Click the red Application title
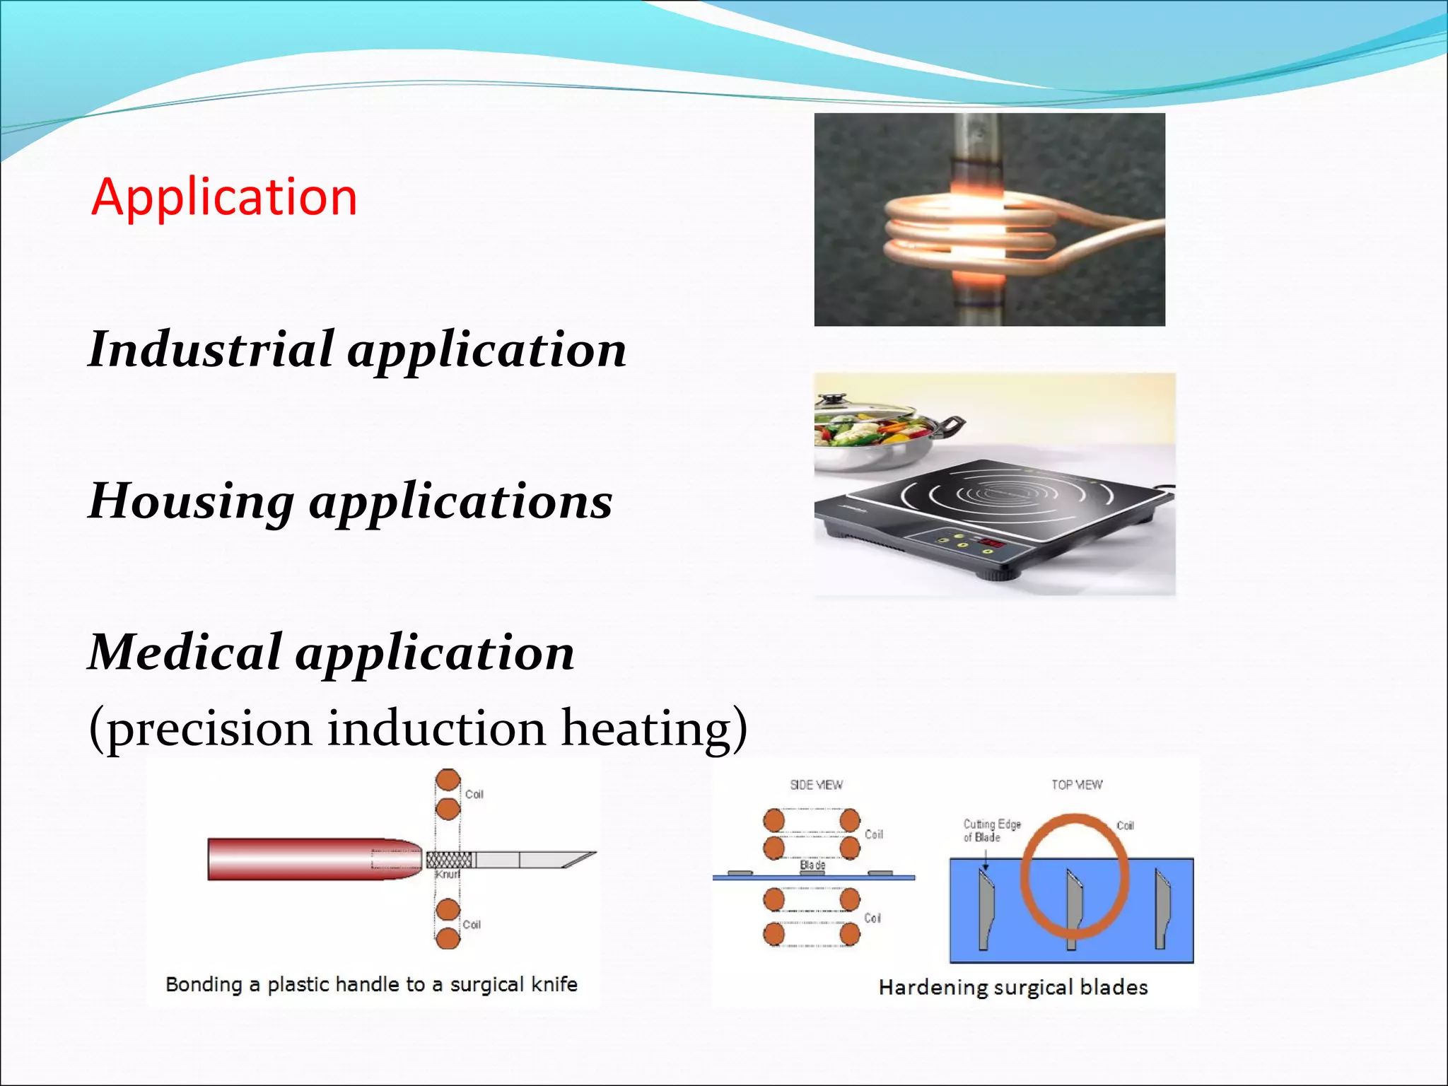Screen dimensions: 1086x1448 pos(224,197)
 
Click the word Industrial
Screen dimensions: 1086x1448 pos(211,349)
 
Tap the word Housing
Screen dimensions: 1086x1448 pos(191,501)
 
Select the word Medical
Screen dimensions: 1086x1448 pos(185,652)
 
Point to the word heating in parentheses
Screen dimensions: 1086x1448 pos(654,728)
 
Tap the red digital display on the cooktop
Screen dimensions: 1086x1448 pos(991,543)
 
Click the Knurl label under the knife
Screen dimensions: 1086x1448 pos(448,875)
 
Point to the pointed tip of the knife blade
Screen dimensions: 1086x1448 pos(592,854)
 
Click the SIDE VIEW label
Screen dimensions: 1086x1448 pos(816,785)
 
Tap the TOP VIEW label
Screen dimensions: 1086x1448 pos(1076,785)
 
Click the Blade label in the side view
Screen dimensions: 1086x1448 pos(812,865)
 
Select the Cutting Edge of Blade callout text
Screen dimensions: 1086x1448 pos(991,831)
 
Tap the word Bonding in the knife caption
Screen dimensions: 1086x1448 pos(204,984)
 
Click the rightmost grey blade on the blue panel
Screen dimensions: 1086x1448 pos(1162,909)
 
